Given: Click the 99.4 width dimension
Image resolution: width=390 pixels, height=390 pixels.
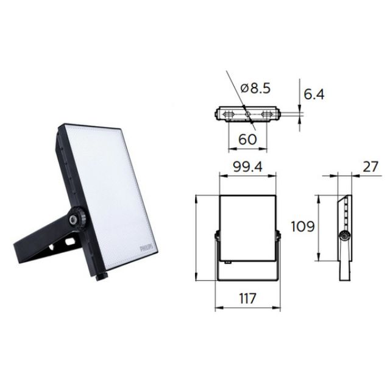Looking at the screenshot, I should [247, 166].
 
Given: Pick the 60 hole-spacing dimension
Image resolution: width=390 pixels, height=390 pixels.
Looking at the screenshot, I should [247, 138].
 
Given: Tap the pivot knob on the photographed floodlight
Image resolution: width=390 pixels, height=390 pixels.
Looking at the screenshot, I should [77, 218].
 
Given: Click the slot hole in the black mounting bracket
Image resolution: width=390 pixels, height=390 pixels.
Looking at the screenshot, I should [69, 243].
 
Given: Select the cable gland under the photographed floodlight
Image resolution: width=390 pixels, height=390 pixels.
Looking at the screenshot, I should [101, 278].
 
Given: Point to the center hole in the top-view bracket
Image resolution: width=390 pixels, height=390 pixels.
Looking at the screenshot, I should [247, 114].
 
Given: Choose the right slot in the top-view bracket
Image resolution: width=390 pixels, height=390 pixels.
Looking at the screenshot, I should [266, 114].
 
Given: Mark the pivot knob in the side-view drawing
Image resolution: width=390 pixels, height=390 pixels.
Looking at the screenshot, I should [344, 237].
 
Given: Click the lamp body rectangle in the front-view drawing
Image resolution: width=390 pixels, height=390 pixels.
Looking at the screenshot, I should [247, 225].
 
